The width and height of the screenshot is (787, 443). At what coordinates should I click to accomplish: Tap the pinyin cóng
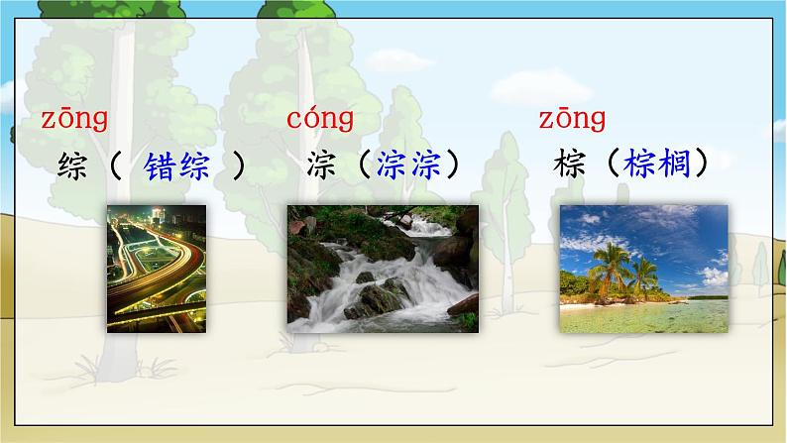[x=320, y=121]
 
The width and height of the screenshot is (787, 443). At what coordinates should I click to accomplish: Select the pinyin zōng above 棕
[x=572, y=121]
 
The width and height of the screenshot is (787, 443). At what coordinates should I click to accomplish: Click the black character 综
[x=74, y=165]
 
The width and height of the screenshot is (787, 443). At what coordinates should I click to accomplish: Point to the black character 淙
[x=322, y=165]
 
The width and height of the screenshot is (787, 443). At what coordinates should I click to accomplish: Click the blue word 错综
[x=176, y=166]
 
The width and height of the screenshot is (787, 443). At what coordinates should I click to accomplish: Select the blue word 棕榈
[x=658, y=165]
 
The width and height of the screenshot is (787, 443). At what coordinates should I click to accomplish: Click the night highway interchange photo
[x=157, y=269]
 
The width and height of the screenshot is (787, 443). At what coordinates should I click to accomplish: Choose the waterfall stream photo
[x=382, y=269]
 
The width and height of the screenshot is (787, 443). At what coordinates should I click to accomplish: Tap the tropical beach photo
[x=642, y=269]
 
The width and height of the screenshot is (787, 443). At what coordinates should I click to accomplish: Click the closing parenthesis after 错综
[x=238, y=166]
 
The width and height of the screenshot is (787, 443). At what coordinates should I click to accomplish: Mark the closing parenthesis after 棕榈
[x=702, y=165]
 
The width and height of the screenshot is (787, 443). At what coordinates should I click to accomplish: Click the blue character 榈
[x=674, y=165]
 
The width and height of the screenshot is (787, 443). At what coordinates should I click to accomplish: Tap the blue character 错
[x=160, y=166]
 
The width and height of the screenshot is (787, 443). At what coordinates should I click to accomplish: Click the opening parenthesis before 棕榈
[x=612, y=165]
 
